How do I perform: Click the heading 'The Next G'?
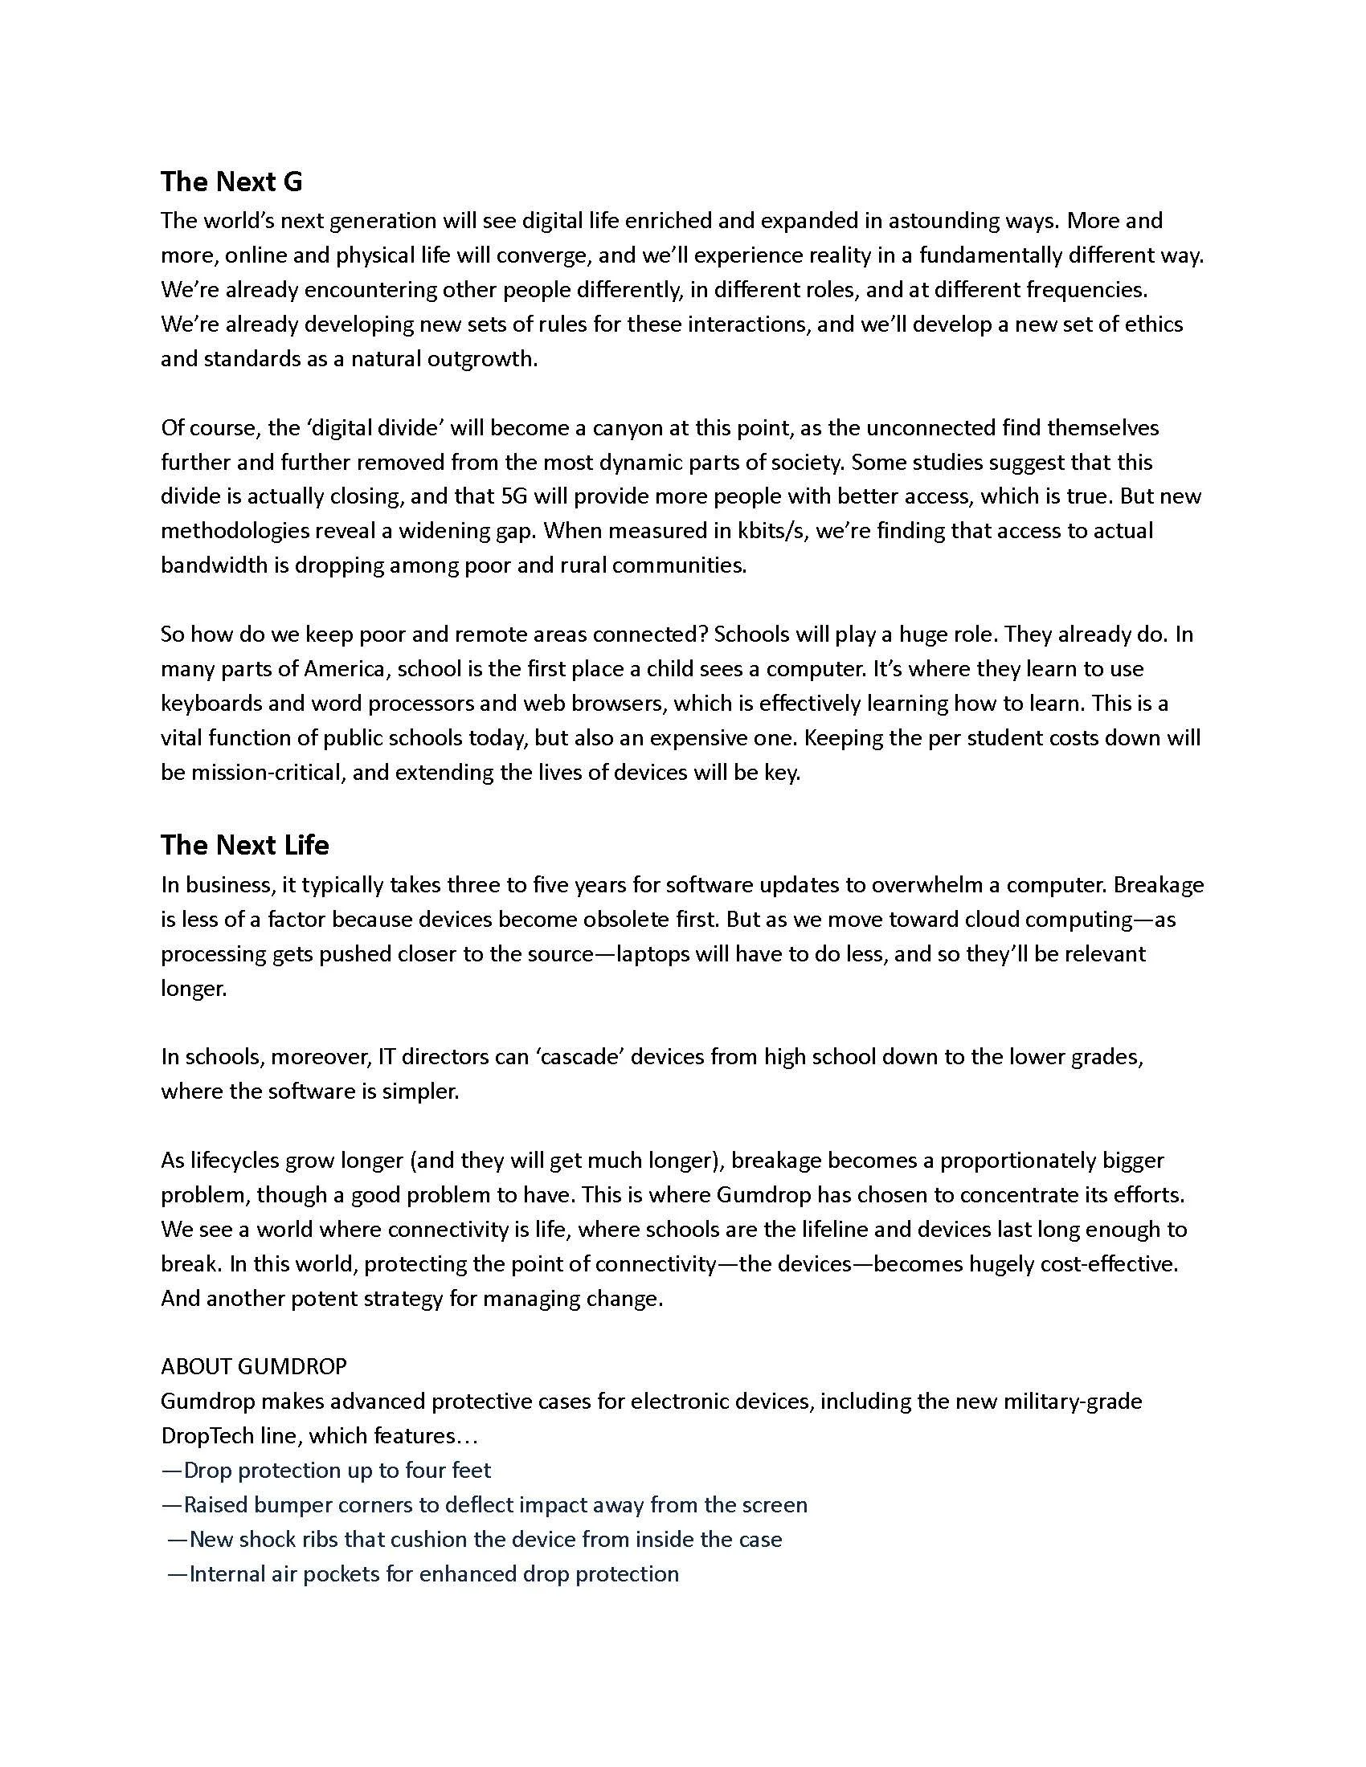pyautogui.click(x=231, y=182)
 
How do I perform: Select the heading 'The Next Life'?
pyautogui.click(x=244, y=845)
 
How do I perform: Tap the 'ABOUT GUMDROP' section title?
pyautogui.click(x=253, y=1366)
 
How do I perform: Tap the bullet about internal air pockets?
pyautogui.click(x=423, y=1573)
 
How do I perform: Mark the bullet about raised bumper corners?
pyautogui.click(x=484, y=1505)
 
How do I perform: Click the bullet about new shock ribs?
pyautogui.click(x=475, y=1539)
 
